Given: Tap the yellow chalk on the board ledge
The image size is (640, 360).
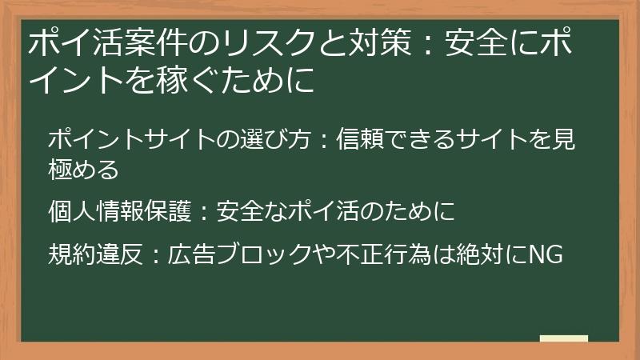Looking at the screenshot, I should coord(563,338).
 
